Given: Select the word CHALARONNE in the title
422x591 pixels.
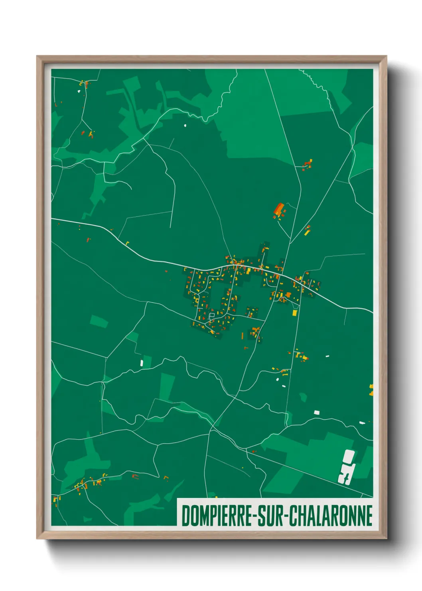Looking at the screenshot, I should click(330, 516).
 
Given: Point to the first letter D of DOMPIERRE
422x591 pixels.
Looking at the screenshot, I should click(185, 516).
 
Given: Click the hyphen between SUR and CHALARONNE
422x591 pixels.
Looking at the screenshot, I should click(285, 516).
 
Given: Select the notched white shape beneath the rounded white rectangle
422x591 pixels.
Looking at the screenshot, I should click(345, 474).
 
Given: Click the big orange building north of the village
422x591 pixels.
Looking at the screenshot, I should click(279, 209).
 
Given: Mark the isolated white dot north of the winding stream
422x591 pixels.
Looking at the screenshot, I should click(185, 125).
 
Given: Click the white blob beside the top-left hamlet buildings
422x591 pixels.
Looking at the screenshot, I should click(79, 91).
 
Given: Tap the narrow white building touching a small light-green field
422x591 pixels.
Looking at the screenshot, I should click(142, 363).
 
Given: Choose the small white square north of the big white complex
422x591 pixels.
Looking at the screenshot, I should click(317, 413).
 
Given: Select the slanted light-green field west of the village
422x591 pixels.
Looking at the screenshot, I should click(99, 321).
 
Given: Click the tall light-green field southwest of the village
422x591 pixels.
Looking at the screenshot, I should click(167, 387).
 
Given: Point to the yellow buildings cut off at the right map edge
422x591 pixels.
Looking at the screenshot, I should click(371, 390).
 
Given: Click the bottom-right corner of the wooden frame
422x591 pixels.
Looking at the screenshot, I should click(386, 538).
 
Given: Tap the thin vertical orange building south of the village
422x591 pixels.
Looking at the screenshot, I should click(242, 335).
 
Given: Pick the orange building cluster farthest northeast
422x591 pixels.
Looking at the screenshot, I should click(308, 164).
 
